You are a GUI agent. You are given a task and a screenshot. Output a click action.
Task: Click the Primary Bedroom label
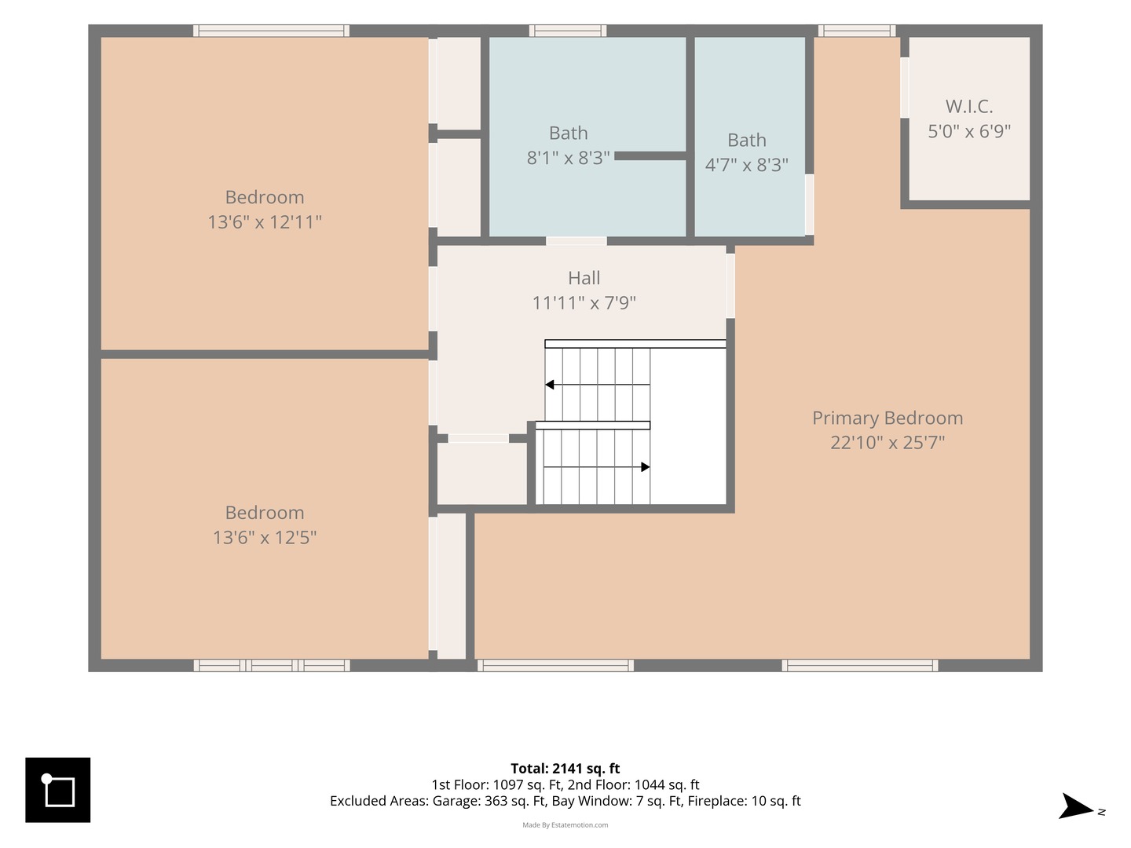[x=888, y=418]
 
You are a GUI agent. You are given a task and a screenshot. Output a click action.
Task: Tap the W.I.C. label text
[x=968, y=107]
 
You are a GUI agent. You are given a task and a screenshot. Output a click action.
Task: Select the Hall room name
[x=584, y=278]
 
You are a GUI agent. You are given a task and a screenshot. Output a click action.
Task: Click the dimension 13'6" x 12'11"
[x=265, y=222]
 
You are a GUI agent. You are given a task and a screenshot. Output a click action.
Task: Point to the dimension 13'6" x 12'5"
[x=265, y=538]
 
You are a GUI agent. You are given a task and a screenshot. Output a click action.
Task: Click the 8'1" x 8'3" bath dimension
[x=568, y=158]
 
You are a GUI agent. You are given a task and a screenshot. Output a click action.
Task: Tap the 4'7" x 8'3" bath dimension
[x=747, y=165]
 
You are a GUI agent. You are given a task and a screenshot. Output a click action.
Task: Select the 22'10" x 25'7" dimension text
[x=888, y=442]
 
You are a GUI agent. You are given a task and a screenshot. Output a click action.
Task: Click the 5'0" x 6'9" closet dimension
[x=968, y=131]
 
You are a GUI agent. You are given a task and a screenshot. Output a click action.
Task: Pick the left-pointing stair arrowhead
[x=549, y=385]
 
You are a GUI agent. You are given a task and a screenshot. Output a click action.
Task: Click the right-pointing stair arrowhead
[x=645, y=467]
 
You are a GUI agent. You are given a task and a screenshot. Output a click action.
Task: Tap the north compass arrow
[x=1075, y=806]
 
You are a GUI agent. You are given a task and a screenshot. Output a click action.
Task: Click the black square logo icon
[x=57, y=790]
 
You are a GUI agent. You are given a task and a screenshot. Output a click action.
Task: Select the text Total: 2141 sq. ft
[x=565, y=768]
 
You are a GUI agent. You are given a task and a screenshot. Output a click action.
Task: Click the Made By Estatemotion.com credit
[x=565, y=824]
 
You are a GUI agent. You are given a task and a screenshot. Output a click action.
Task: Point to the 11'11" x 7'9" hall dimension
[x=584, y=303]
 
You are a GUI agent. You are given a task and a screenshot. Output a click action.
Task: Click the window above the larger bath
[x=568, y=31]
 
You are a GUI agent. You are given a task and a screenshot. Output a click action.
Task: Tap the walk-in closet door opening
[x=904, y=87]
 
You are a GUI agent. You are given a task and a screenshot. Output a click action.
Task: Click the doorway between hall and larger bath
[x=576, y=241]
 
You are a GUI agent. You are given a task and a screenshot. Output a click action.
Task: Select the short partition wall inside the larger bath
[x=650, y=156]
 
